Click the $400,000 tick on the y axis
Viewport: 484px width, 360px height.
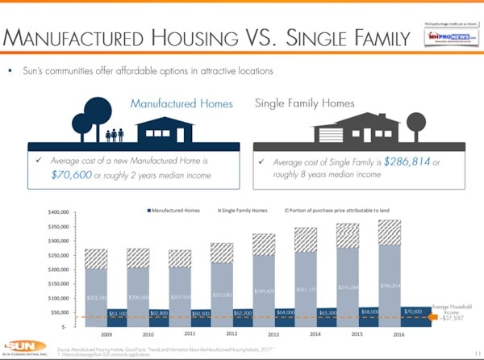61,212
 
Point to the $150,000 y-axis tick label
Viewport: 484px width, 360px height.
61,283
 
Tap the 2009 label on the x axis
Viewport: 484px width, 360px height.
106,333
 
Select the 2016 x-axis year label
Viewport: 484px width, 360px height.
399,333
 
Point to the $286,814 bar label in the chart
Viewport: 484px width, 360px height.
390,286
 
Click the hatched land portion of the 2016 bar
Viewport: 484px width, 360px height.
390,232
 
